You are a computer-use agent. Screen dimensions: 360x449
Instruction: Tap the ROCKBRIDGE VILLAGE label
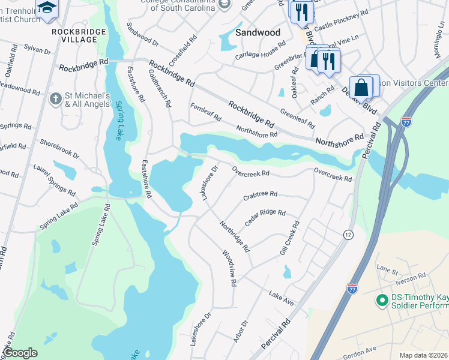[x=74, y=35]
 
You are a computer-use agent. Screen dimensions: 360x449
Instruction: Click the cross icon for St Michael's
[x=55, y=98]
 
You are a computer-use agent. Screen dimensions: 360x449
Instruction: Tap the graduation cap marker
[x=46, y=8]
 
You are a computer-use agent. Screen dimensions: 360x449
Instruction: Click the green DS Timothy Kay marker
[x=380, y=299]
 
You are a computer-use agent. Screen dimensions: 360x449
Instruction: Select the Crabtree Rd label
[x=260, y=195]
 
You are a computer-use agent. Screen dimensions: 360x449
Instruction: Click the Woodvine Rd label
[x=230, y=268]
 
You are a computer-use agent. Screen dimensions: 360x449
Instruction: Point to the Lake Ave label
[x=282, y=299]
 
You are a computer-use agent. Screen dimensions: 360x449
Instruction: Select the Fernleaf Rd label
[x=206, y=112]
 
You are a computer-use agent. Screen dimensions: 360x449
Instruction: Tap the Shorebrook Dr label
[x=59, y=149]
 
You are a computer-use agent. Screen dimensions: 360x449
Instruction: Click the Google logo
[x=20, y=353]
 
